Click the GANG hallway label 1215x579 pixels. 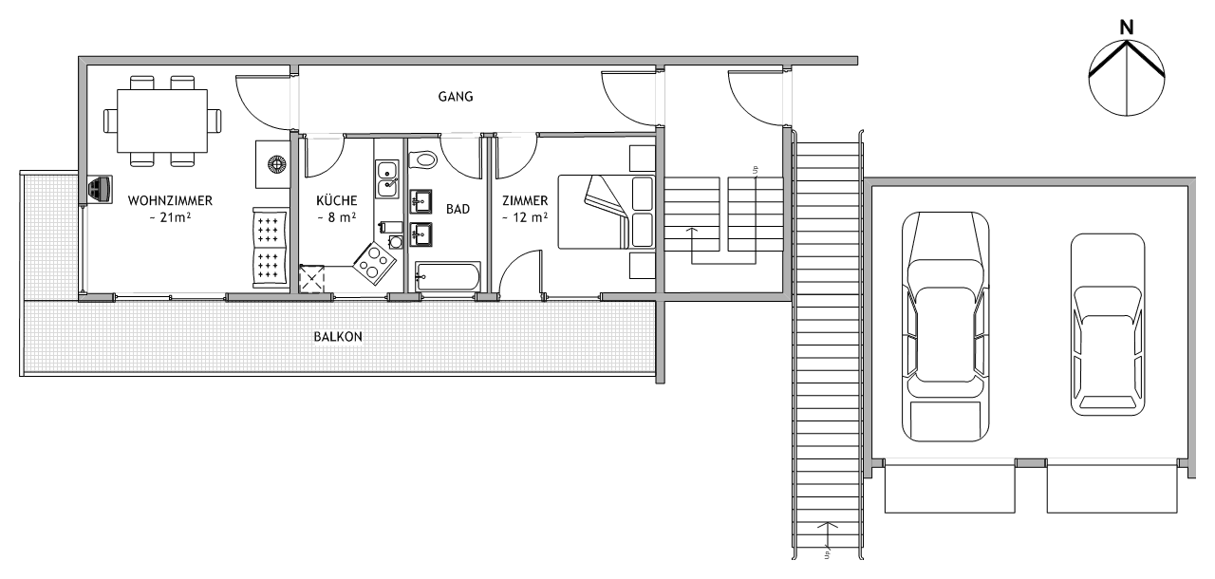click(456, 97)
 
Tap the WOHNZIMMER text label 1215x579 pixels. click(170, 200)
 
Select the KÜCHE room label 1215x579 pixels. click(337, 200)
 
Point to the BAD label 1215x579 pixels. click(458, 209)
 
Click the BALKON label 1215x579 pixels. click(338, 337)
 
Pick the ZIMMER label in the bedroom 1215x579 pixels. click(525, 200)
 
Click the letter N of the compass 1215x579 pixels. click(1127, 28)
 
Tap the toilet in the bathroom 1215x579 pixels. click(422, 160)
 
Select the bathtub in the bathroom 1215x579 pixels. click(447, 276)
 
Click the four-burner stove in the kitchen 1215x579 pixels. click(374, 264)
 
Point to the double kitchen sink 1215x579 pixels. click(388, 178)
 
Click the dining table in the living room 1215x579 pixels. click(162, 121)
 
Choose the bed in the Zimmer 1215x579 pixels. click(607, 212)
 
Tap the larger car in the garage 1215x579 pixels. click(945, 327)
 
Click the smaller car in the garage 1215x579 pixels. click(1108, 325)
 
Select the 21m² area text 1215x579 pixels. click(170, 218)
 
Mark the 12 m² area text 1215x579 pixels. click(525, 218)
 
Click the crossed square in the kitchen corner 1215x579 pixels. click(312, 279)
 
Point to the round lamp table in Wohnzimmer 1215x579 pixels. click(276, 163)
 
